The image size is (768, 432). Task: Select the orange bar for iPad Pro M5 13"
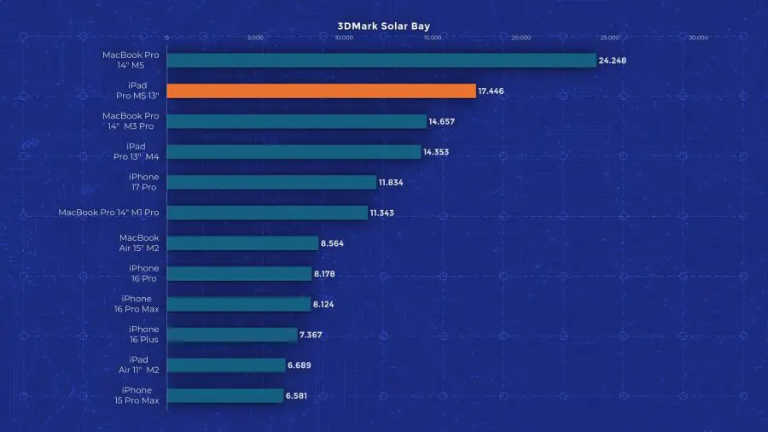pyautogui.click(x=321, y=90)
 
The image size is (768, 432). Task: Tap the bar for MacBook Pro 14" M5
pyautogui.click(x=381, y=60)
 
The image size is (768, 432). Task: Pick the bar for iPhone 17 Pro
pyautogui.click(x=271, y=182)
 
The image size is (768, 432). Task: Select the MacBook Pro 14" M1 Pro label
pyautogui.click(x=108, y=213)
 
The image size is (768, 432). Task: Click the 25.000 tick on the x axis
pyautogui.click(x=609, y=38)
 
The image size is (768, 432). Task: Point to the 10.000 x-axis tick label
pyautogui.click(x=344, y=38)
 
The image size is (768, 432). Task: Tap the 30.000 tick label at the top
pyautogui.click(x=698, y=38)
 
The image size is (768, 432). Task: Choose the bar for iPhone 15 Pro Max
pyautogui.click(x=225, y=395)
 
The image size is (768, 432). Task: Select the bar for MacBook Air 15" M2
pyautogui.click(x=242, y=243)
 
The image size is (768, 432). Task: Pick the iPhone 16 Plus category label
pyautogui.click(x=143, y=334)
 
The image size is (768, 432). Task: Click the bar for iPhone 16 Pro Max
pyautogui.click(x=239, y=304)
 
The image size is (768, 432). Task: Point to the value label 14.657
pyautogui.click(x=442, y=121)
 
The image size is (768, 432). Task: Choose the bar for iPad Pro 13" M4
pyautogui.click(x=294, y=152)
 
